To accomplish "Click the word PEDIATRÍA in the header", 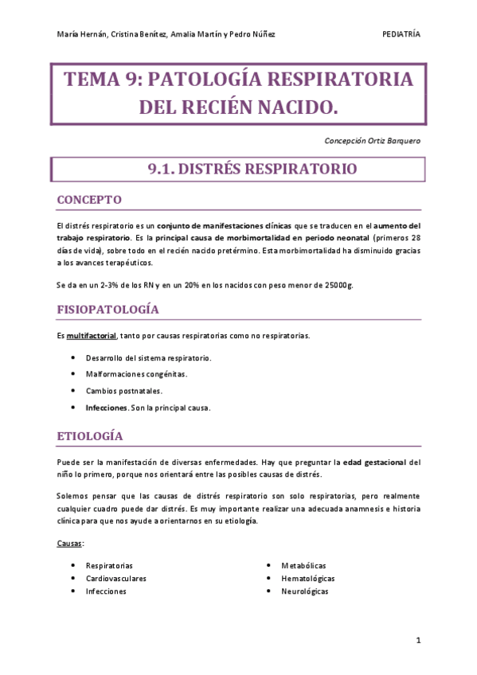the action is pyautogui.click(x=401, y=34).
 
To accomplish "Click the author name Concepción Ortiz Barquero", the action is pyautogui.click(x=373, y=140).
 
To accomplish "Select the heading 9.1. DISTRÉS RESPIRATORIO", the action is pyautogui.click(x=241, y=170).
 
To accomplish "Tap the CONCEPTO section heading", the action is pyautogui.click(x=89, y=199).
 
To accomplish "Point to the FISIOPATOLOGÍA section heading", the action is pyautogui.click(x=108, y=309).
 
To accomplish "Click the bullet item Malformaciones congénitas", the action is pyautogui.click(x=137, y=374).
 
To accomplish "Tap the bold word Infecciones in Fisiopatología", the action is pyautogui.click(x=107, y=408).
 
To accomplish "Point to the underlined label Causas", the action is pyautogui.click(x=70, y=544).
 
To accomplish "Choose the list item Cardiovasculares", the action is pyautogui.click(x=116, y=579).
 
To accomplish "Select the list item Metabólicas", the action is pyautogui.click(x=303, y=565).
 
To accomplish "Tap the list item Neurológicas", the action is pyautogui.click(x=304, y=591).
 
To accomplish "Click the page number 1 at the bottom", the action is pyautogui.click(x=418, y=639).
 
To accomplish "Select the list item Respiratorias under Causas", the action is pyautogui.click(x=110, y=565).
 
